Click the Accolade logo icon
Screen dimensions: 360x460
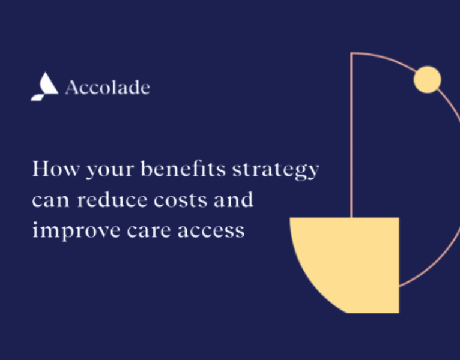[44, 86]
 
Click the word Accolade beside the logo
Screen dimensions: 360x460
[107, 88]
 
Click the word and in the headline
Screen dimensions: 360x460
[233, 199]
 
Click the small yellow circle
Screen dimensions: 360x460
[428, 80]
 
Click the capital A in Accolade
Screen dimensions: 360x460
[71, 88]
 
